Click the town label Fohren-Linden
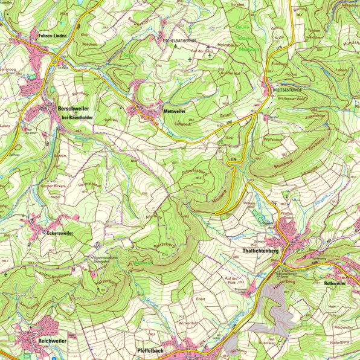click(x=52, y=36)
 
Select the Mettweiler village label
click(x=174, y=112)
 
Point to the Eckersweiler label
click(x=60, y=231)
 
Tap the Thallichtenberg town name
click(x=263, y=250)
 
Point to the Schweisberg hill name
click(x=194, y=173)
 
